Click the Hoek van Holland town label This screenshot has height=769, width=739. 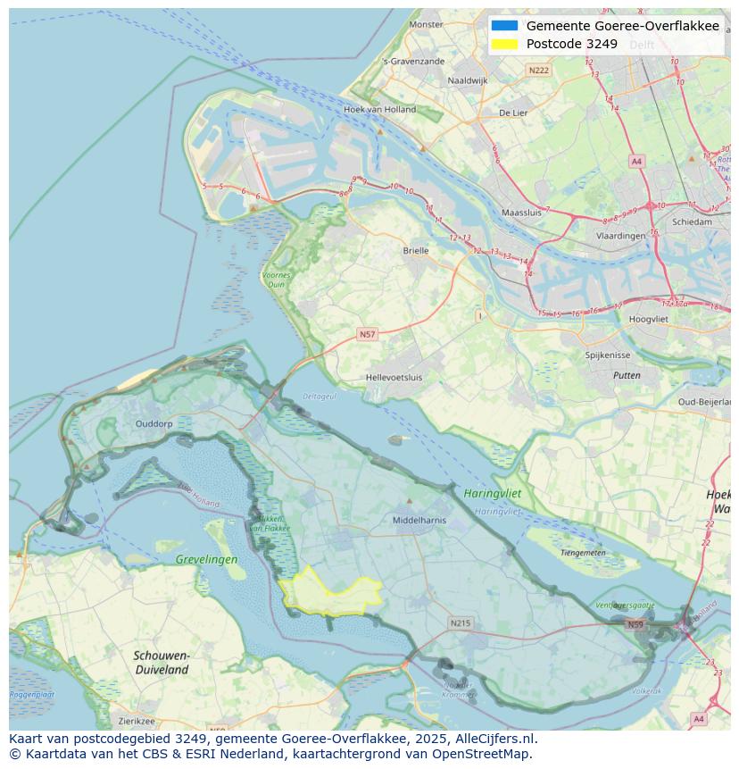tap(379, 110)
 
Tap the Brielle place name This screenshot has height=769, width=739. tap(415, 251)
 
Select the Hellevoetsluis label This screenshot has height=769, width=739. tap(394, 378)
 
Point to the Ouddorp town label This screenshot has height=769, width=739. tap(154, 424)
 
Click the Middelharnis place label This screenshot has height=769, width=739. tap(419, 519)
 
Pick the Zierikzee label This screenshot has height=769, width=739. tap(137, 721)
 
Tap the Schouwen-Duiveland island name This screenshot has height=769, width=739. tap(161, 662)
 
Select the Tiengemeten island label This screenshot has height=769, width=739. tap(582, 552)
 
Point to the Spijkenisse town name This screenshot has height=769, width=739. tap(607, 355)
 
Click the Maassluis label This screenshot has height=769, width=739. tap(522, 213)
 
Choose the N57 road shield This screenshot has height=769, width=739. tap(367, 334)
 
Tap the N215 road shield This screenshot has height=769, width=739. tap(460, 623)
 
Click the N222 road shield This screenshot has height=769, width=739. tap(538, 70)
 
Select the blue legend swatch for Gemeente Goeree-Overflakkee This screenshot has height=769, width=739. tap(503, 26)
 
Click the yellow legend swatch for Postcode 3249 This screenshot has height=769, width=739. tap(503, 44)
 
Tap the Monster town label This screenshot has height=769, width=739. tap(426, 24)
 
